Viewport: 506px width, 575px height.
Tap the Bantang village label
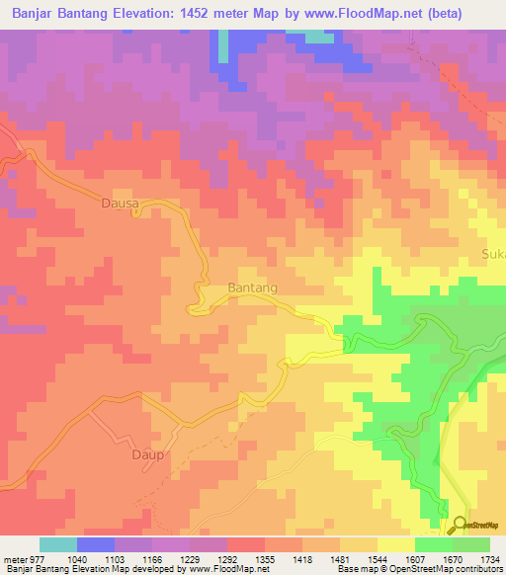pyautogui.click(x=252, y=287)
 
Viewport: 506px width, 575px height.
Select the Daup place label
pyautogui.click(x=147, y=455)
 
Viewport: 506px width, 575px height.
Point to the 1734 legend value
pyautogui.click(x=485, y=558)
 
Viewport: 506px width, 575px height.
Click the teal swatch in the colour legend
pyautogui.click(x=58, y=544)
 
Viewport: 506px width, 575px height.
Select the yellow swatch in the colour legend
pyautogui.click(x=396, y=544)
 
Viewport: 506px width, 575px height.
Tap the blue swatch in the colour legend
pyautogui.click(x=96, y=544)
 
